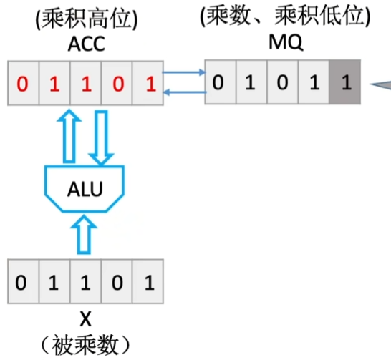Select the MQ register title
click(282, 44)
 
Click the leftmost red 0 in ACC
click(21, 84)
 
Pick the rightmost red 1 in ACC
click(149, 84)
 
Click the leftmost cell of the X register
click(21, 283)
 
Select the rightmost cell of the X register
click(149, 283)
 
